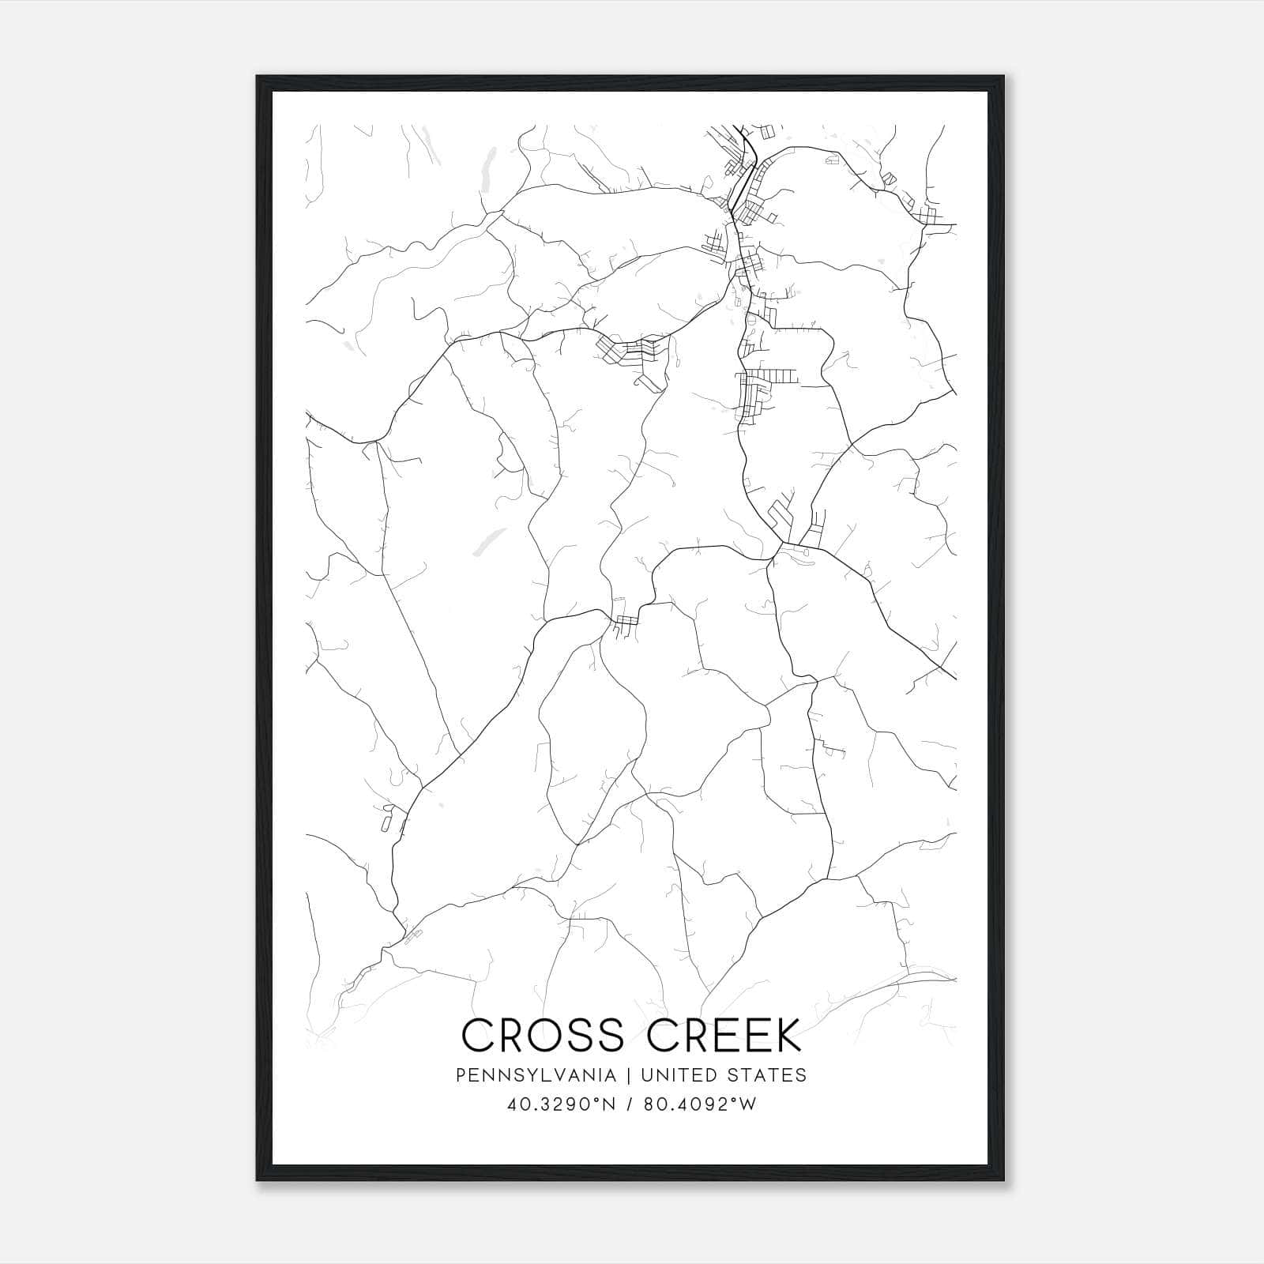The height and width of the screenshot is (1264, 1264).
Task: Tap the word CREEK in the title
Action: pyautogui.click(x=725, y=1036)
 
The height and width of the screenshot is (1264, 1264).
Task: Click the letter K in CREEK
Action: pyautogui.click(x=787, y=1036)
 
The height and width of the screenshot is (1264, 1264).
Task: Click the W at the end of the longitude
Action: pyautogui.click(x=747, y=1104)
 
